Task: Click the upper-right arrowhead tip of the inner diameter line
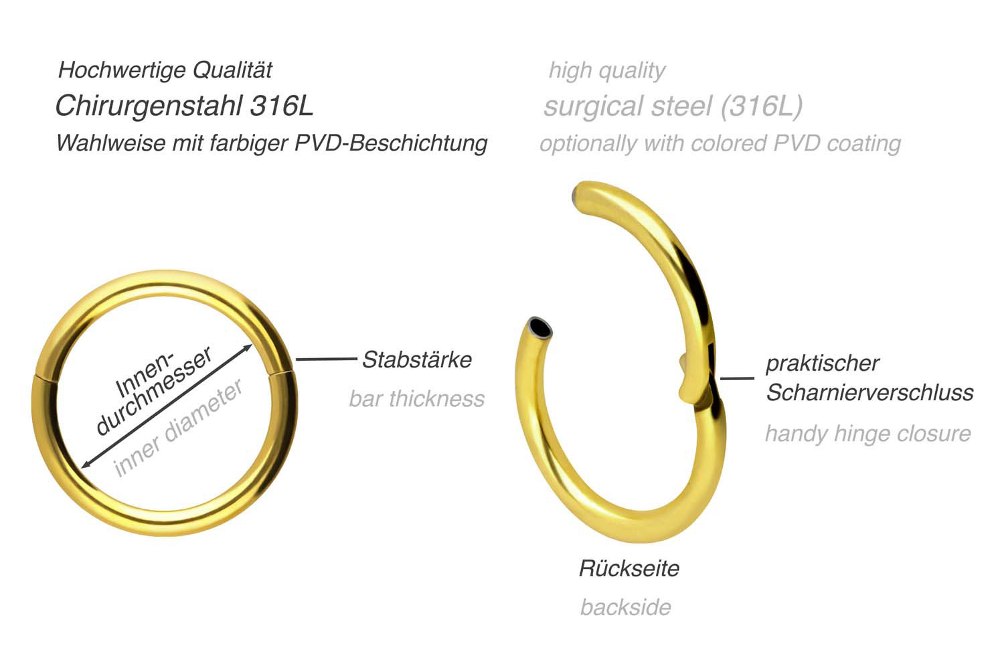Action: click(x=252, y=345)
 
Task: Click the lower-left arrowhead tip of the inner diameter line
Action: click(x=81, y=468)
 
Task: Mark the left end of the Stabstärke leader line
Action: click(x=296, y=359)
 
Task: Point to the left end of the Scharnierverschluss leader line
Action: click(x=720, y=379)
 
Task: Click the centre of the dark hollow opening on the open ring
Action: click(x=540, y=327)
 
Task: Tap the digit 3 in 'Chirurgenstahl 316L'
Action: click(x=258, y=106)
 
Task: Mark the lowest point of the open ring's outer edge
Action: click(x=645, y=543)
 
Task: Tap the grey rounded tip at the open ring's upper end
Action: click(x=576, y=196)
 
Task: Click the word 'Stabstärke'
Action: click(x=417, y=359)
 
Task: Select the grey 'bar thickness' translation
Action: click(x=417, y=398)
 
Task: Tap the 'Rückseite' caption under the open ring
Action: click(x=629, y=568)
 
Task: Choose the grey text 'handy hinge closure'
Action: click(x=868, y=434)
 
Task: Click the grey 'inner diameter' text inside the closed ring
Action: click(x=179, y=428)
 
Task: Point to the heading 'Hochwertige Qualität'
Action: click(x=165, y=70)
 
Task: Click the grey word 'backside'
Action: click(x=626, y=607)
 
